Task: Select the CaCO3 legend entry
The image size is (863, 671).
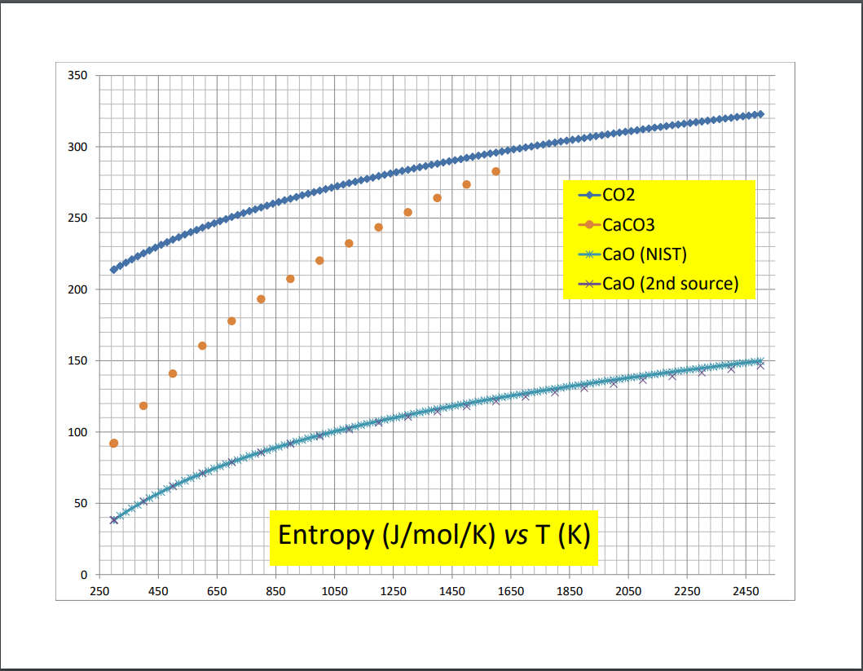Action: tap(630, 225)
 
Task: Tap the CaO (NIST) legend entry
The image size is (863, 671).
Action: tap(645, 254)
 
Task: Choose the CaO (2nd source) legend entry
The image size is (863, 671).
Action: tap(670, 284)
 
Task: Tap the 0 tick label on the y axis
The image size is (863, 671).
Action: tap(83, 575)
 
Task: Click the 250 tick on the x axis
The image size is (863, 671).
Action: tap(99, 590)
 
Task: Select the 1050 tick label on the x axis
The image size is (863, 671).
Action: tap(334, 590)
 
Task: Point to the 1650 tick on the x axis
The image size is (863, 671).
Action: tap(510, 590)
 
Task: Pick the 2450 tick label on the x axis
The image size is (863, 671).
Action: tap(745, 590)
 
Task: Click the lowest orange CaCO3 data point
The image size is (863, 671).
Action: tap(114, 444)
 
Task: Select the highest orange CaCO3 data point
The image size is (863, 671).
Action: tap(495, 171)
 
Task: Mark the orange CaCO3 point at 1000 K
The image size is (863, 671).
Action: tap(319, 261)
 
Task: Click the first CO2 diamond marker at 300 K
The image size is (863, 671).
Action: tap(114, 269)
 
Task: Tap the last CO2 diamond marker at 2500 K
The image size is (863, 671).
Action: tap(760, 114)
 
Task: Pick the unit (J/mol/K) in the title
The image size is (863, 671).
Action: tap(429, 536)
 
